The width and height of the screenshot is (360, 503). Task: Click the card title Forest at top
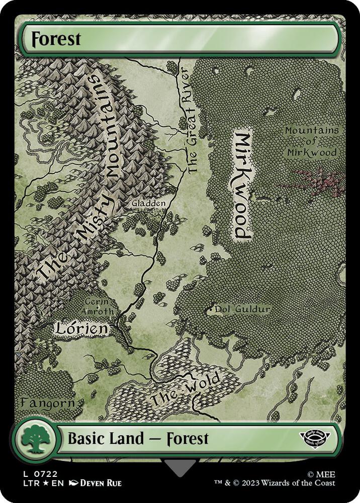coord(56,39)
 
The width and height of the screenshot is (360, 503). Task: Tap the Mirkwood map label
coord(243,186)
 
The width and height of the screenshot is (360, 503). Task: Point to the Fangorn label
coord(48,403)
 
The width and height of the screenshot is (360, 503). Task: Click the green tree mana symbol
coord(34,438)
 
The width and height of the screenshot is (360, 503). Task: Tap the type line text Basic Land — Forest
coord(138,438)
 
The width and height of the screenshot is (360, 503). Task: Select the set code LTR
coord(28,483)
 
